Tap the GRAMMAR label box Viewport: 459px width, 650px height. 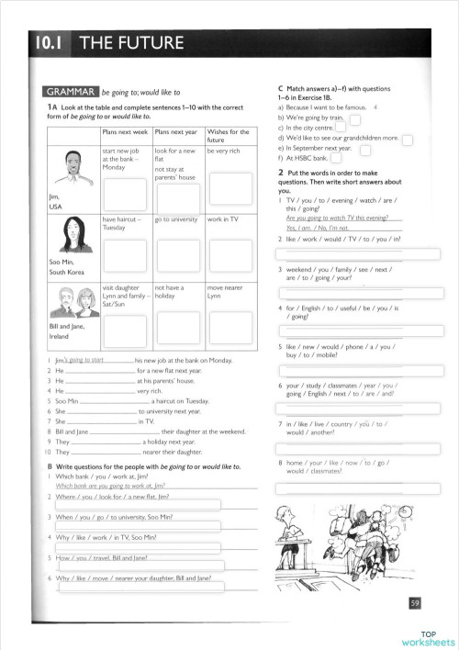pyautogui.click(x=71, y=92)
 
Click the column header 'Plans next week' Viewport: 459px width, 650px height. pyautogui.click(x=126, y=132)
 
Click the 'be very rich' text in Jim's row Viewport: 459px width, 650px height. pyautogui.click(x=224, y=151)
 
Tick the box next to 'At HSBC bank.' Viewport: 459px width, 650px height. pyautogui.click(x=335, y=159)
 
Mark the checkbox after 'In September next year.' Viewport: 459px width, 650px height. pyautogui.click(x=364, y=149)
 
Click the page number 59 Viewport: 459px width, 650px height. pyautogui.click(x=415, y=602)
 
